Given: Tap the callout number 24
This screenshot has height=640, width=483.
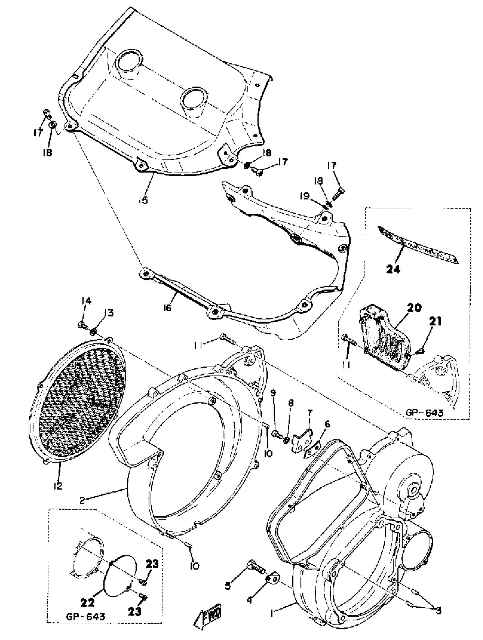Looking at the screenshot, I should point(393,269).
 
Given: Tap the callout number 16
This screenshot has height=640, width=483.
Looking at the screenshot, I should point(167,308).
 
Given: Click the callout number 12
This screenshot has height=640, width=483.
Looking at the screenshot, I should point(58,486).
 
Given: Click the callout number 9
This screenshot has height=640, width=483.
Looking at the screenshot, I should point(273,393).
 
